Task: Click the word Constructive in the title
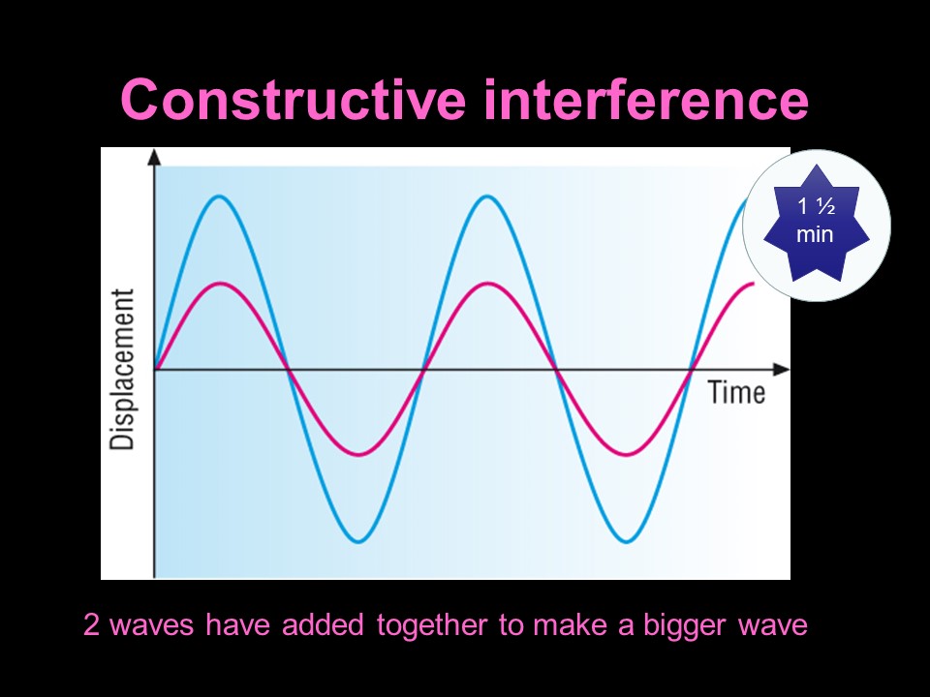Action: point(292,100)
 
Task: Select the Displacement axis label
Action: point(123,369)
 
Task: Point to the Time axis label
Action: point(736,392)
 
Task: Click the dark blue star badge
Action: point(816,225)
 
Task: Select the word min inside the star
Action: point(815,235)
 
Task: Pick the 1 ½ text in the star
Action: point(815,206)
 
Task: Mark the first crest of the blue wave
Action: point(221,197)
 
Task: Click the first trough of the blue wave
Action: point(359,541)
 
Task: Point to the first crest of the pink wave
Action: point(222,283)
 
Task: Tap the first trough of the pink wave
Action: point(359,454)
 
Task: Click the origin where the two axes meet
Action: point(155,369)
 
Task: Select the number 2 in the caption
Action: point(92,625)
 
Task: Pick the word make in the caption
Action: point(568,625)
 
